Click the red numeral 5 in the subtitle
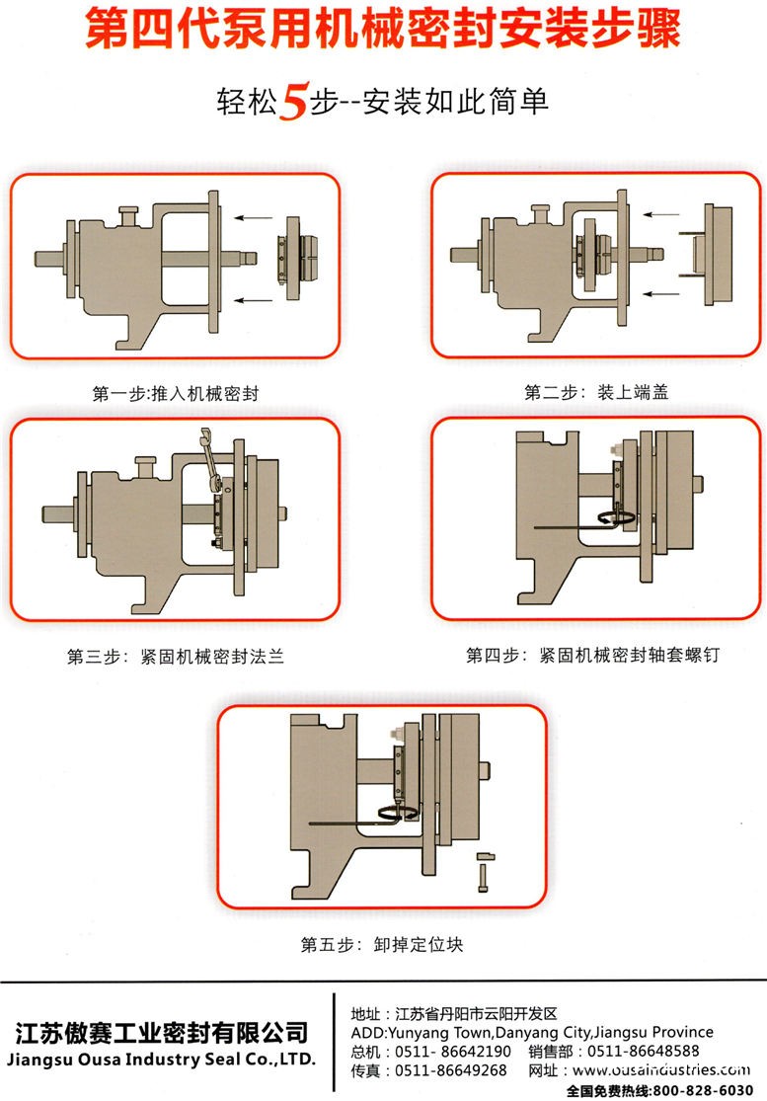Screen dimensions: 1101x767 click(x=292, y=103)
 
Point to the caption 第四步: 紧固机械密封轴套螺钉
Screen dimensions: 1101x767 click(x=586, y=655)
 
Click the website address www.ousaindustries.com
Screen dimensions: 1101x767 click(x=656, y=1070)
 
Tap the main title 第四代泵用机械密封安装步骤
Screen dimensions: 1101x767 click(x=383, y=30)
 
